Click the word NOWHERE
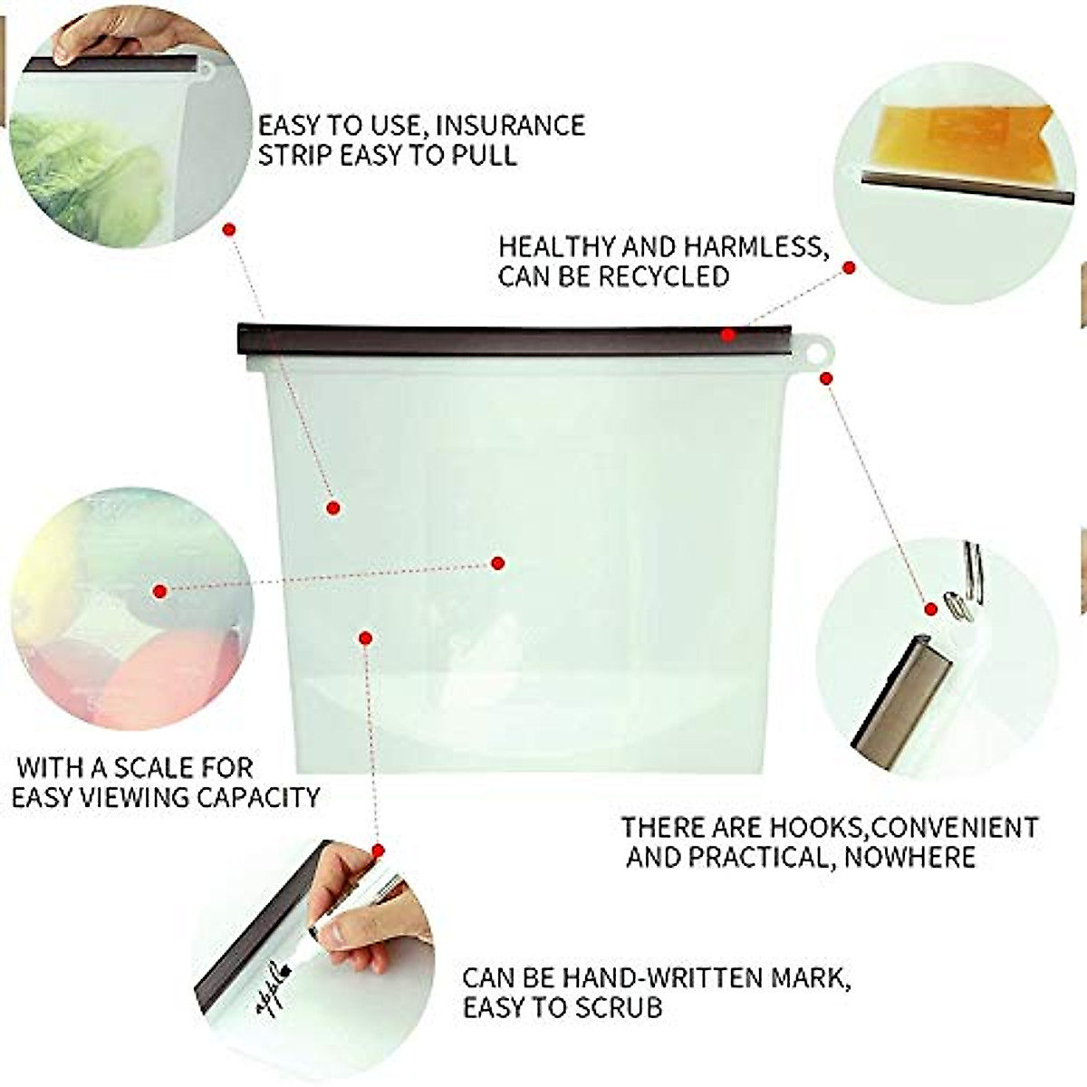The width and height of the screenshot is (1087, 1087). pyautogui.click(x=909, y=857)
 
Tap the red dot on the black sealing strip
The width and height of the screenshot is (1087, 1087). pyautogui.click(x=728, y=335)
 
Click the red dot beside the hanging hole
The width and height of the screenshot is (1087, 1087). pyautogui.click(x=826, y=378)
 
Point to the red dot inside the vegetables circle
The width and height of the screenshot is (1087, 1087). pyautogui.click(x=160, y=592)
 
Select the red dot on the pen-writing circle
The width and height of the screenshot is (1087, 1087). pyautogui.click(x=379, y=851)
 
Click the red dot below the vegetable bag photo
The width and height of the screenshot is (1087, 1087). pyautogui.click(x=229, y=229)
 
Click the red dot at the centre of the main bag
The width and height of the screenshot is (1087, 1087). pyautogui.click(x=497, y=563)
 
